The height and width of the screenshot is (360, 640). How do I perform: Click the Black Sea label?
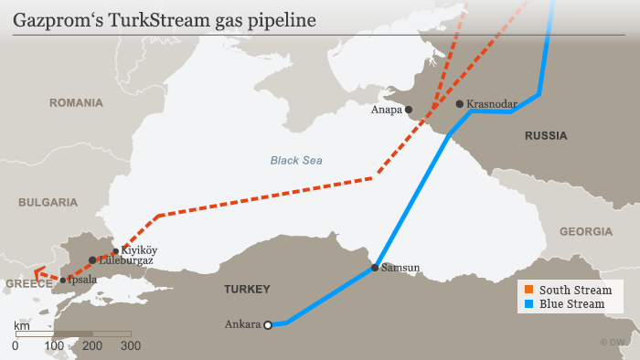tap(295, 161)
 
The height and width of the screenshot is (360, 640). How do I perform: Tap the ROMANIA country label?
tap(77, 103)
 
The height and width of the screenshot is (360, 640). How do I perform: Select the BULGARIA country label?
tap(47, 201)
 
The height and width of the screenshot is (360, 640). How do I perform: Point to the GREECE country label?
tap(28, 284)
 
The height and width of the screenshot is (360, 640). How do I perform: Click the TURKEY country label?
tap(247, 290)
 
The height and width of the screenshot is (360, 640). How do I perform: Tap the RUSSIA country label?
tap(546, 136)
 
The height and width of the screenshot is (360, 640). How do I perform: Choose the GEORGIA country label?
tap(586, 231)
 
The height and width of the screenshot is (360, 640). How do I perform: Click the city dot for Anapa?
tap(409, 110)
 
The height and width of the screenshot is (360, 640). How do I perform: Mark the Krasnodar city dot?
tap(459, 104)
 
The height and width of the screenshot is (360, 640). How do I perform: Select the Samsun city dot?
tap(375, 268)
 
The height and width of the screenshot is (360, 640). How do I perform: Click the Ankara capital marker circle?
tap(268, 324)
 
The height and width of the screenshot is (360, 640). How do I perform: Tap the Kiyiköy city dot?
tap(115, 251)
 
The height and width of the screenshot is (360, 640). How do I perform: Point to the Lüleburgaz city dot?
tap(92, 260)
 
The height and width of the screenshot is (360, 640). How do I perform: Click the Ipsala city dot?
tap(62, 281)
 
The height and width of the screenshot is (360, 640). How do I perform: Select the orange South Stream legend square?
tap(529, 290)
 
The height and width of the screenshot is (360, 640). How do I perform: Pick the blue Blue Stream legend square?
tap(529, 303)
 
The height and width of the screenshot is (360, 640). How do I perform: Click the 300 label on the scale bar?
tap(131, 346)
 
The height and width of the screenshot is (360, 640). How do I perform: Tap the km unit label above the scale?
tap(21, 325)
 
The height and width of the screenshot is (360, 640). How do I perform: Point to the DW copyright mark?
tap(612, 342)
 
